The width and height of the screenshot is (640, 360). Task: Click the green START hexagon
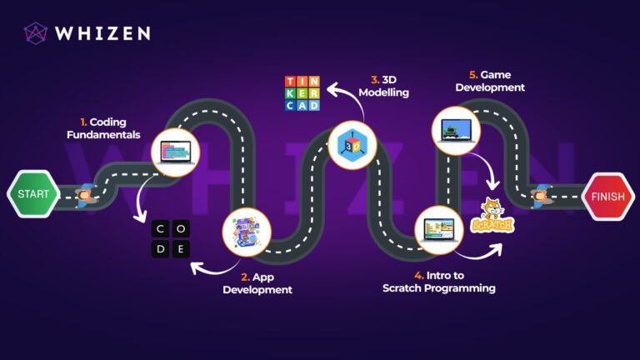[33, 193]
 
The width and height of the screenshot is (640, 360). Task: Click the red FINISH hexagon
[608, 197]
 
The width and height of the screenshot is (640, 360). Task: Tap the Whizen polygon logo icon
[36, 33]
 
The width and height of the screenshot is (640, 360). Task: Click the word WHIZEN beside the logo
[102, 33]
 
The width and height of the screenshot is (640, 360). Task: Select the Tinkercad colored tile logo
[302, 93]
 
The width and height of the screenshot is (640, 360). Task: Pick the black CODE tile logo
[171, 239]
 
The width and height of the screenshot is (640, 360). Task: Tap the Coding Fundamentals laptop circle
[176, 152]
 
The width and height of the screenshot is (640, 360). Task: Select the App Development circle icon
[247, 232]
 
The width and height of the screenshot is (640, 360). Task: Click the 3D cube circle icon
[352, 145]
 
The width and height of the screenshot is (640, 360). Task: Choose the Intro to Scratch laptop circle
[439, 230]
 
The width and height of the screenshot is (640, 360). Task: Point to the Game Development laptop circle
[456, 131]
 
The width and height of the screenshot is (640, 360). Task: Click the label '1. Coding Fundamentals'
[103, 128]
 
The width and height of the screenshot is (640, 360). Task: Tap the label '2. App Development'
[257, 283]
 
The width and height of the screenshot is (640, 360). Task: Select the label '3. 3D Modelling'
[383, 86]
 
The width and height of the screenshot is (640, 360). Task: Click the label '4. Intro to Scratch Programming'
[439, 282]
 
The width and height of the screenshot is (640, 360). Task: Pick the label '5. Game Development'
[490, 81]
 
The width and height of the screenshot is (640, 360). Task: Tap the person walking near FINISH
[541, 197]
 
